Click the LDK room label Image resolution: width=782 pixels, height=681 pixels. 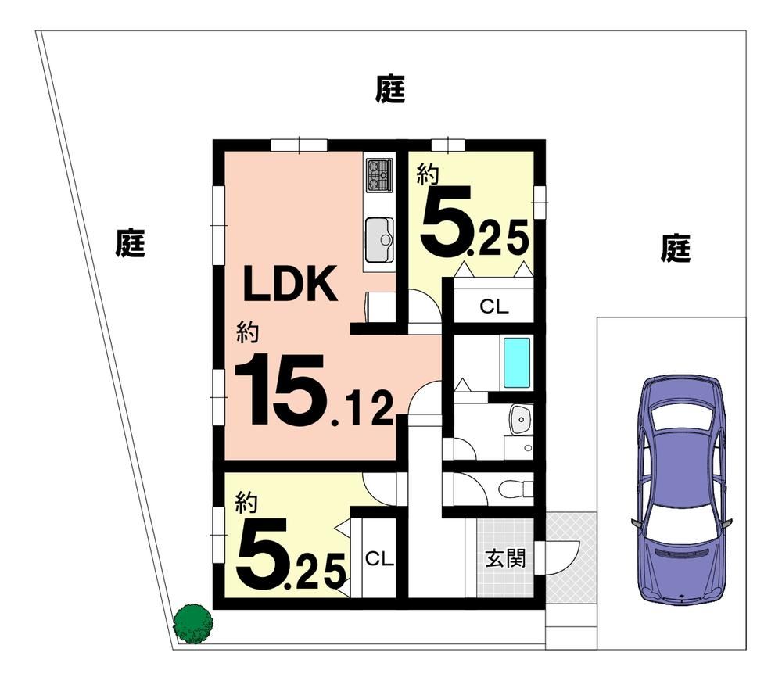(290, 283)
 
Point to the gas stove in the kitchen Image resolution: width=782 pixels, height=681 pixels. (379, 174)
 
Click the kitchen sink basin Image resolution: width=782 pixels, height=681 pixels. (379, 240)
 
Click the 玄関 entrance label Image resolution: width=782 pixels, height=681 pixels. (505, 558)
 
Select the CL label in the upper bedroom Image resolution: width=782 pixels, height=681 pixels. (493, 306)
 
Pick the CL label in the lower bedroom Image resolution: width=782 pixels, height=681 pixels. (379, 559)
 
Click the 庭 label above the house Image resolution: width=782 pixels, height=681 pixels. (390, 88)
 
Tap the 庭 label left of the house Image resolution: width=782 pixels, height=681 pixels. (130, 243)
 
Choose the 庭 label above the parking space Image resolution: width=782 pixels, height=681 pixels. (676, 248)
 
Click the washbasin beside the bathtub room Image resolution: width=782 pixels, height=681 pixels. (521, 420)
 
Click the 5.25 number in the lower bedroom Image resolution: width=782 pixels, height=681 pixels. (291, 554)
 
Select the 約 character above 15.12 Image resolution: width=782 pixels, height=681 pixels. (247, 332)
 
